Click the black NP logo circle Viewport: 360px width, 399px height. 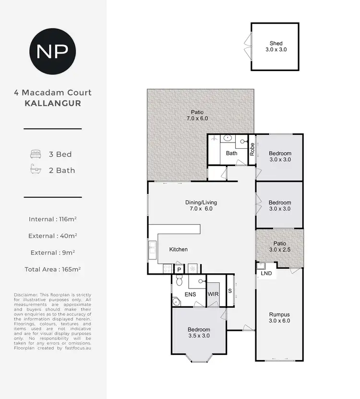[x=53, y=50]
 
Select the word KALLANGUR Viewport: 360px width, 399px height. [x=53, y=103]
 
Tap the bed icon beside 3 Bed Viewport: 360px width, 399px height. [x=36, y=154]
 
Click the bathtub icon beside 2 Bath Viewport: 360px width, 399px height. [x=36, y=170]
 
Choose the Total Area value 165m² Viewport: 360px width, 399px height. [x=71, y=269]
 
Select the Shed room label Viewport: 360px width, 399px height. [x=276, y=43]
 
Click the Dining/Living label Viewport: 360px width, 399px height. [x=199, y=206]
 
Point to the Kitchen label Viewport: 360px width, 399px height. [x=178, y=250]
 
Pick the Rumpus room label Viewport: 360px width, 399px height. [x=279, y=318]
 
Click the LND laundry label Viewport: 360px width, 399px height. [x=266, y=273]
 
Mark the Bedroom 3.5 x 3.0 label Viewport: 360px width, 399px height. [x=199, y=332]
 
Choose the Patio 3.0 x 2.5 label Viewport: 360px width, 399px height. [x=279, y=247]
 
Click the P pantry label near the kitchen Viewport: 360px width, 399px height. [x=179, y=270]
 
